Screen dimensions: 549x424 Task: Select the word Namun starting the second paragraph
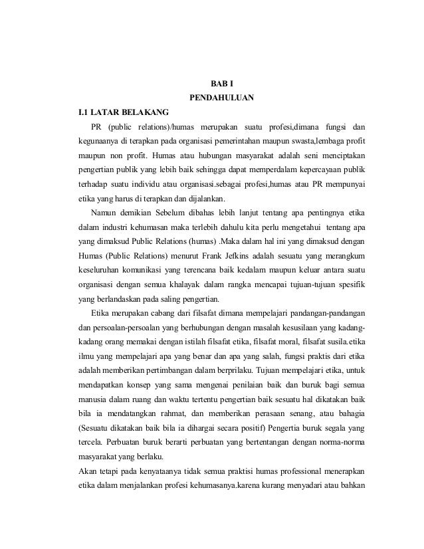click(x=104, y=215)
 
